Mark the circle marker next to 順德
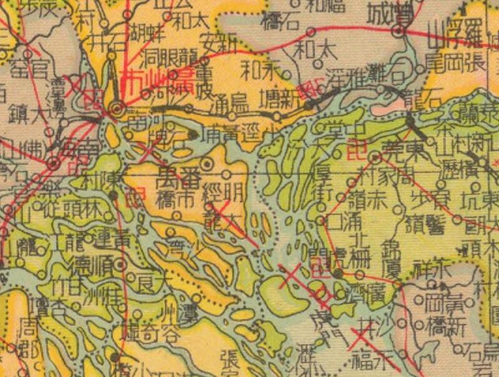point(121,264)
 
